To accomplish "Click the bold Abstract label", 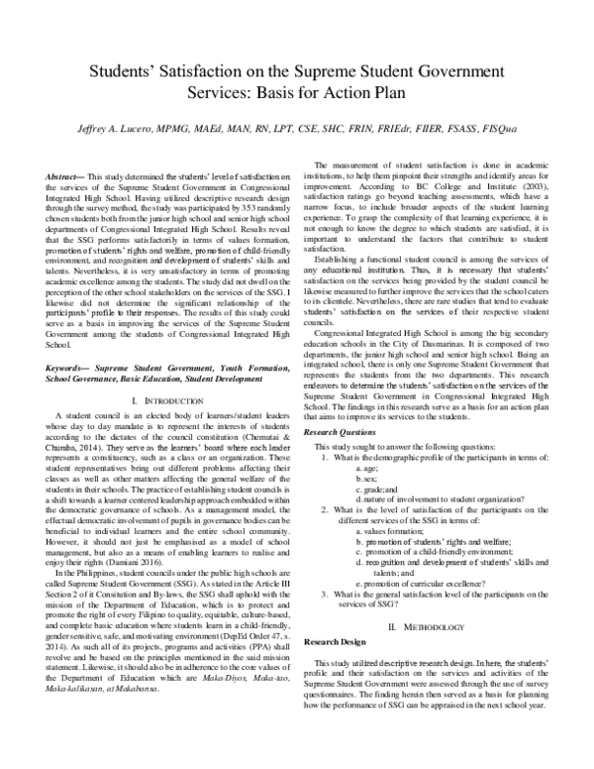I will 65,175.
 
